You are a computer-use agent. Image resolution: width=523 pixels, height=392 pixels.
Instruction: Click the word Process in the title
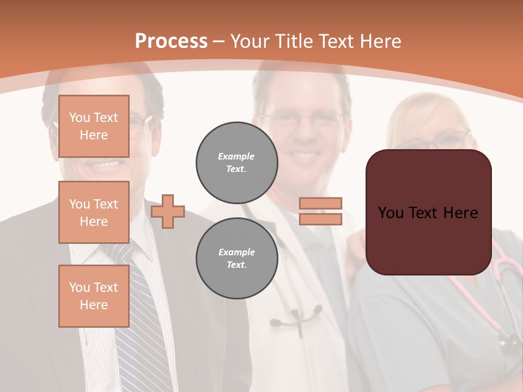click(x=171, y=41)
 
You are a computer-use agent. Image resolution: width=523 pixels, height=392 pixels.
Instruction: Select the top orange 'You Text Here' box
click(x=94, y=126)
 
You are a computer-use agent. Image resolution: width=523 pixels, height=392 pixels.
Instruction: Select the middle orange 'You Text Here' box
click(x=94, y=212)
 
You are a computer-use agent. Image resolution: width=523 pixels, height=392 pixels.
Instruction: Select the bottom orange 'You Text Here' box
click(x=94, y=296)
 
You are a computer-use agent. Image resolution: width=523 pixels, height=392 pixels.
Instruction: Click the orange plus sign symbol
click(x=168, y=211)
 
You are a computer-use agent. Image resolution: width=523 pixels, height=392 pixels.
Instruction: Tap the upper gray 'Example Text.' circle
click(x=236, y=162)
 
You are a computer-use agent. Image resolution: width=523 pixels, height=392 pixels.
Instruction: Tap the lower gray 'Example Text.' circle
click(x=236, y=258)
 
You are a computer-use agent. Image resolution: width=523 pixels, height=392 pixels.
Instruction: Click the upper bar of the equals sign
click(x=320, y=203)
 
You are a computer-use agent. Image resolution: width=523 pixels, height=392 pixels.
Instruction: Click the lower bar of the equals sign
click(x=320, y=219)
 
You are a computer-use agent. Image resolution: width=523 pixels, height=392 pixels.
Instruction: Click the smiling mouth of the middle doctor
click(x=305, y=155)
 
